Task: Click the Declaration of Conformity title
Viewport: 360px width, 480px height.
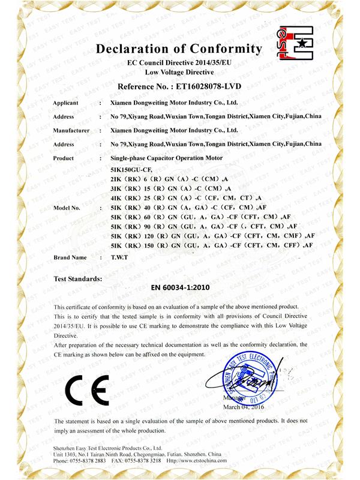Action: click(179, 48)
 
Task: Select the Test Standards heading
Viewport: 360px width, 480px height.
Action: click(78, 278)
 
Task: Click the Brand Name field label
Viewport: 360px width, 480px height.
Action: click(70, 257)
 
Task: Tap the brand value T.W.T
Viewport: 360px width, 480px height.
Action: click(119, 257)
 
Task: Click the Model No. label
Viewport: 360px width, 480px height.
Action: click(67, 208)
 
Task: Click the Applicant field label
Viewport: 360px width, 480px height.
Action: click(68, 103)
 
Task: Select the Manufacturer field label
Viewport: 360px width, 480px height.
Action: click(72, 130)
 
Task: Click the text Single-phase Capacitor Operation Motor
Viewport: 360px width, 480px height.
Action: click(166, 157)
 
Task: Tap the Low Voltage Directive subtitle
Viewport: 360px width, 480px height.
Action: click(179, 71)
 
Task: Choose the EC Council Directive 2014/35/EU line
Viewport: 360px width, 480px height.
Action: click(179, 62)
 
